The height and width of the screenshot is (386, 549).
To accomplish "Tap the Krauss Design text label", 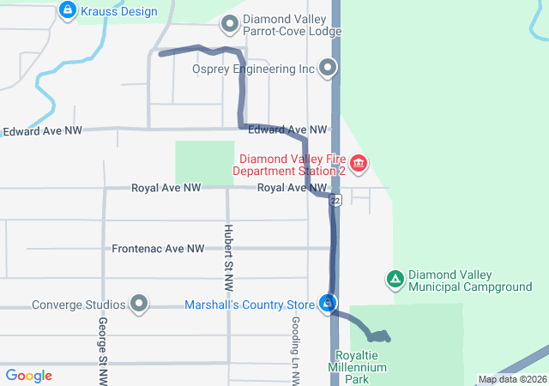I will [120, 11].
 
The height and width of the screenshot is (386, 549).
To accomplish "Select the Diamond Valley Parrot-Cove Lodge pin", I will [229, 24].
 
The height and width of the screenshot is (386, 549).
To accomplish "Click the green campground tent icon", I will [395, 279].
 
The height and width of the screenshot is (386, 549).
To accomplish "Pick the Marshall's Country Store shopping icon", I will [328, 304].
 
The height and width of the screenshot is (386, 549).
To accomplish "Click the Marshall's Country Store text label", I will [250, 305].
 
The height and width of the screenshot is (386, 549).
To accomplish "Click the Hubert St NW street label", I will [228, 250].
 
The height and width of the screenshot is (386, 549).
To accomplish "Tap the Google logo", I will [29, 376].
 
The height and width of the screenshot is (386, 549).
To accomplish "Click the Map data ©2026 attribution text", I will [511, 379].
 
